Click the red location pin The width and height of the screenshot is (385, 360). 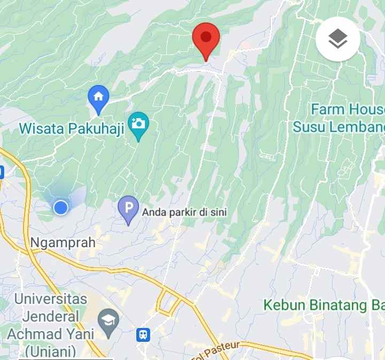pos(206,39)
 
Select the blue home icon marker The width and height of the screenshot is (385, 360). pos(98,97)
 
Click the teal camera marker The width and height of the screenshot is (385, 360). pos(138,124)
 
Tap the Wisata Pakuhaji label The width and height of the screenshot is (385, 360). pos(72,129)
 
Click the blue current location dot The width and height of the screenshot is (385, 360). pos(61,207)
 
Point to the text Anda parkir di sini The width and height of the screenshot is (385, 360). pos(184,212)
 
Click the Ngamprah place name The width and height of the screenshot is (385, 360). pos(63,242)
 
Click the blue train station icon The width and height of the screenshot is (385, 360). pos(143,335)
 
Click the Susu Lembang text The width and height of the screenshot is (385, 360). pos(338,127)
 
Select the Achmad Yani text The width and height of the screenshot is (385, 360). pos(51,334)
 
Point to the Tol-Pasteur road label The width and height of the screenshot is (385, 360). pos(220,349)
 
